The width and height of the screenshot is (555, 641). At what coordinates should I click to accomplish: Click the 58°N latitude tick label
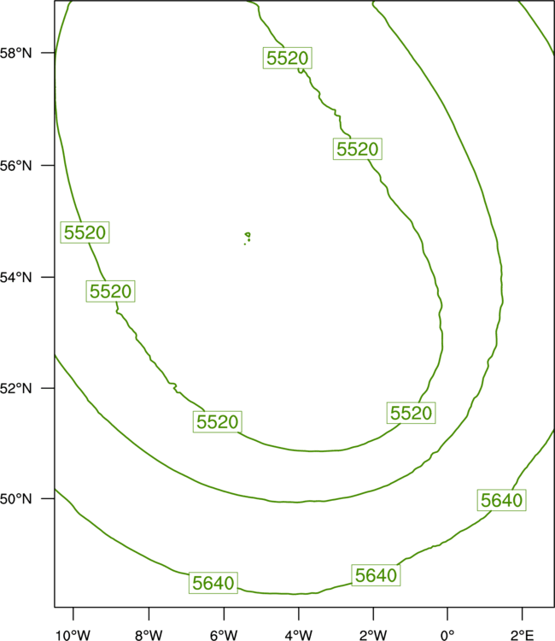15,53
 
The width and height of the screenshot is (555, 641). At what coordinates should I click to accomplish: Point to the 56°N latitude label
15,166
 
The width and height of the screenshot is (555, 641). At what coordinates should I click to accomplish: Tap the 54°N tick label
15,278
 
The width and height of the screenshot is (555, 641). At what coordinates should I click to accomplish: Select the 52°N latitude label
15,388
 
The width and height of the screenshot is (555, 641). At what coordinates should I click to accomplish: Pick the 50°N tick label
15,499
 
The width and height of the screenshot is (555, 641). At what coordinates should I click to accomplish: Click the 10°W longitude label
73,635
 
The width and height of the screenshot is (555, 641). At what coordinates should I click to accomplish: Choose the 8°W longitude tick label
149,635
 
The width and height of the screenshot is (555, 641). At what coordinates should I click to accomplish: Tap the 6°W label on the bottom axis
224,635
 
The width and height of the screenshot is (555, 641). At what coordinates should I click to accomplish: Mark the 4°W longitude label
299,635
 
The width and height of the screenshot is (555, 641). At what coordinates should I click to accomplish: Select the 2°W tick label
373,635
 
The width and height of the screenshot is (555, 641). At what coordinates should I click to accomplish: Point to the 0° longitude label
447,635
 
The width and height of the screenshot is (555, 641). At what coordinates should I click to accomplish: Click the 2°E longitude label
522,635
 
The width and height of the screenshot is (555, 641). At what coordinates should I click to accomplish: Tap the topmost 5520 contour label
288,58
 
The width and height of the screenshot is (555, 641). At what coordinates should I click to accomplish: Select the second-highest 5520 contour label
358,149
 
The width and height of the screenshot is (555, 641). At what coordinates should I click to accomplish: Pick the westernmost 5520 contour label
85,232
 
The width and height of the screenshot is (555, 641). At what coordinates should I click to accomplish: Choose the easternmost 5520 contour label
411,413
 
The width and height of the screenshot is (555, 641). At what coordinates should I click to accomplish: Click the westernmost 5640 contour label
213,583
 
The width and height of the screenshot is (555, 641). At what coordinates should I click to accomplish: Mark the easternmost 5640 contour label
501,500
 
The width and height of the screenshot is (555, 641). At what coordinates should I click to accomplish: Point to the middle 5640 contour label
376,575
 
